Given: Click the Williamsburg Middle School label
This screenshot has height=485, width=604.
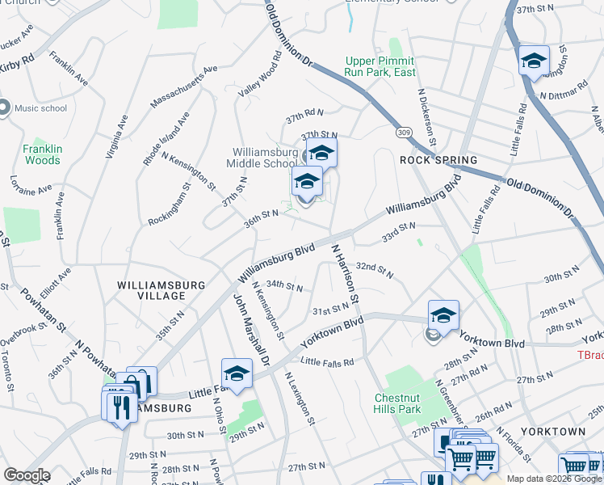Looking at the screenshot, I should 264,158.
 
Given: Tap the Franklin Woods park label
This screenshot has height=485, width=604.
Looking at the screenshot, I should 41,154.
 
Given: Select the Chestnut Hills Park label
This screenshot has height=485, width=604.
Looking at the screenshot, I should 398,403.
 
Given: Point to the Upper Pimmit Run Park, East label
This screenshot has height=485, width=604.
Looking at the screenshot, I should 380,66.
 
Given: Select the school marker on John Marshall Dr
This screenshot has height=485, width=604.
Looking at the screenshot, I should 237,373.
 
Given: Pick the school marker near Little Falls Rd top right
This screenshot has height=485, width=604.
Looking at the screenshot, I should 533,61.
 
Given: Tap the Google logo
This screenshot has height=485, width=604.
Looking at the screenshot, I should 27,475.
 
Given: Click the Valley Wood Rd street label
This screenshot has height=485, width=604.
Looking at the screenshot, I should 258,76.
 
